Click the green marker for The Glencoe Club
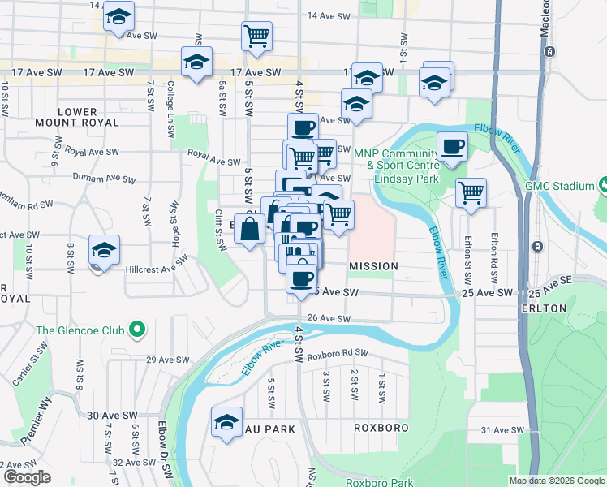(x=137, y=330)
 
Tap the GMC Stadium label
(x=560, y=186)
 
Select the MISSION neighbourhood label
(x=373, y=266)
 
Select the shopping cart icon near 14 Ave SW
(x=256, y=36)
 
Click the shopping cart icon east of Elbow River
(x=471, y=192)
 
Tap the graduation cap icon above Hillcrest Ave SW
(x=105, y=249)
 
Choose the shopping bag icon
(x=249, y=231)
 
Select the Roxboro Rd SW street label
(x=338, y=353)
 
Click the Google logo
(x=27, y=477)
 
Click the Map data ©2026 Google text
(x=556, y=481)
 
